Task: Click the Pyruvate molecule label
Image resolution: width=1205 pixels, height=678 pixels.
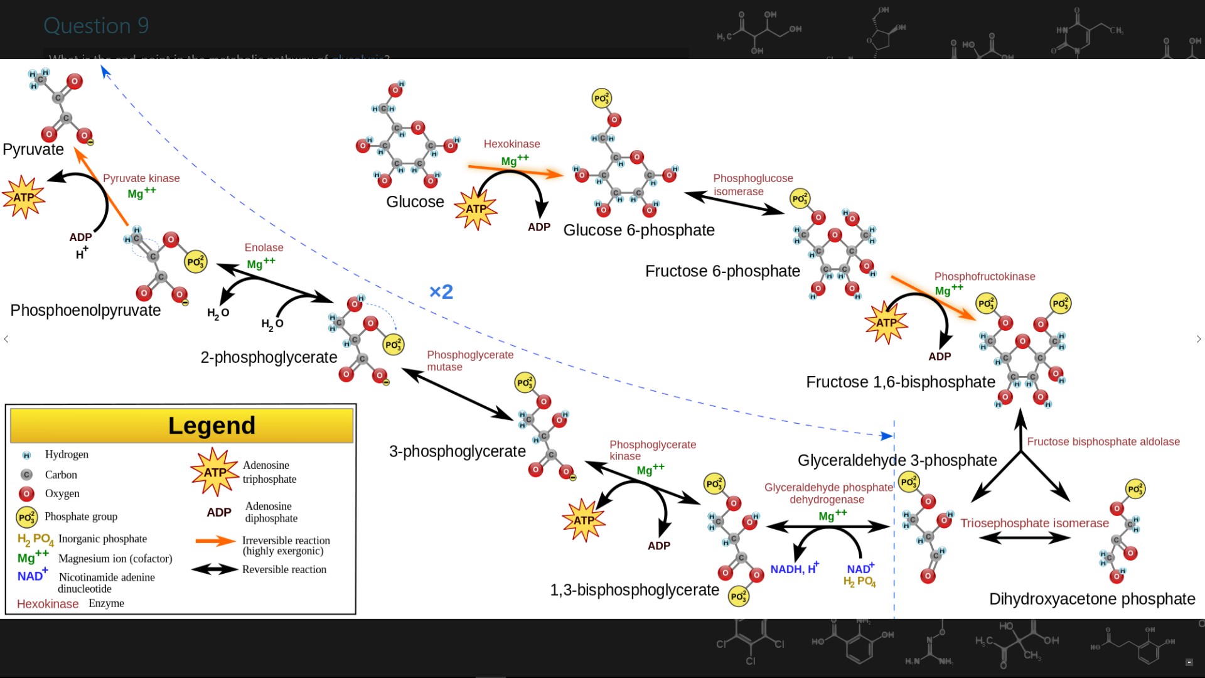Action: [x=33, y=149]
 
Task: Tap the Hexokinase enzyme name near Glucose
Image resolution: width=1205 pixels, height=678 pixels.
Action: [x=511, y=144]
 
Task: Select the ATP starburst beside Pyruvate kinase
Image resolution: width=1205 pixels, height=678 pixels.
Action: [x=24, y=197]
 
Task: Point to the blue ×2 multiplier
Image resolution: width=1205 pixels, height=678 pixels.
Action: [x=441, y=292]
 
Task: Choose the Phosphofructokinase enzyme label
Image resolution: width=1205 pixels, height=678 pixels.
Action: [x=984, y=276]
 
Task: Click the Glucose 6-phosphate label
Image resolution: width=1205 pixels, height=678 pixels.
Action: [x=638, y=230]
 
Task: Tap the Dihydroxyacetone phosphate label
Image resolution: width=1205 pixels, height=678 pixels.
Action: [x=1091, y=599]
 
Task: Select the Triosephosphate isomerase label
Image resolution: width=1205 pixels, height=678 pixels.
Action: [x=1034, y=523]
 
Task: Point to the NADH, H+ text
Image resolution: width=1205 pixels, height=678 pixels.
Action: [x=794, y=569]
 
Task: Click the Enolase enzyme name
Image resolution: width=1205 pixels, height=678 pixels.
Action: [x=264, y=247]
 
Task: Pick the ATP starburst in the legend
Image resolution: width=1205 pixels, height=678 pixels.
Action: [x=215, y=472]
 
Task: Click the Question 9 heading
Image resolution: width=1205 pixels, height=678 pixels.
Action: [x=96, y=26]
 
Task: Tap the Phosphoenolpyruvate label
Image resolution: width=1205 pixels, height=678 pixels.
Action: [x=85, y=310]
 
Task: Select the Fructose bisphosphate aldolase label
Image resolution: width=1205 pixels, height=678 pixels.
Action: [x=1103, y=442]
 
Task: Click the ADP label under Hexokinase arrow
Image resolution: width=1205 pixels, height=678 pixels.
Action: [x=538, y=227]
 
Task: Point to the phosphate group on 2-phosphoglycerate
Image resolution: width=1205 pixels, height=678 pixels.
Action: [x=394, y=345]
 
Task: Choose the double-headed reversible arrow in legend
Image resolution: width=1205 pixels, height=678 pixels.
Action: [x=215, y=569]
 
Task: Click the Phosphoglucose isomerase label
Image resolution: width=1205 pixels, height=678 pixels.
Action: [x=752, y=185]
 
